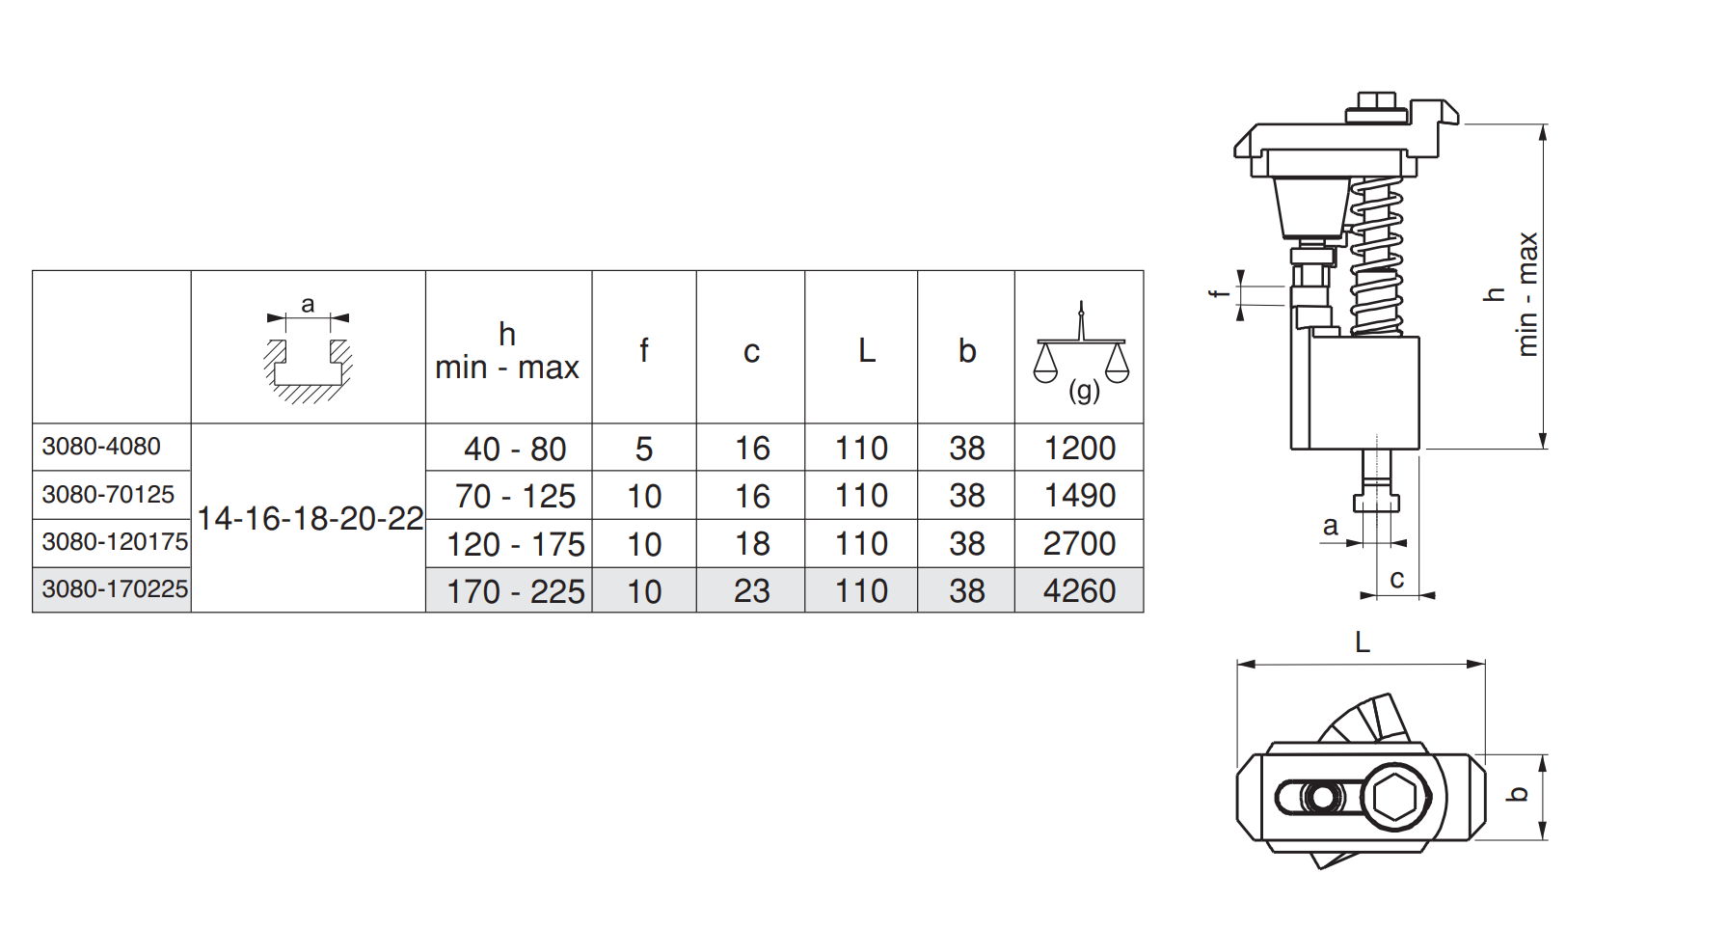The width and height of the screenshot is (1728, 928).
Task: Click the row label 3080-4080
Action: (101, 447)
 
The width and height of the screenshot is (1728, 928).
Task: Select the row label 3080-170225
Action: (115, 589)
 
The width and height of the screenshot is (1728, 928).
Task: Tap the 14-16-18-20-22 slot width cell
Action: (310, 519)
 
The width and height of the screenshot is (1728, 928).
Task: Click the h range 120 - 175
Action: (516, 544)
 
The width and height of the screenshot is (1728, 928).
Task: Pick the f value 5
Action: (644, 449)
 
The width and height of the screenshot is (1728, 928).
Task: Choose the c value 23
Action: (752, 590)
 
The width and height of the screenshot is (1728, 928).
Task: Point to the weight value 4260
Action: (1079, 590)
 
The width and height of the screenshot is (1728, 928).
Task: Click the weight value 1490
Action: (1080, 496)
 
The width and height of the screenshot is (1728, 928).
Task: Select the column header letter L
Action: (867, 350)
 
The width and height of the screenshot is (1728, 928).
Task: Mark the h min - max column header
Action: (507, 351)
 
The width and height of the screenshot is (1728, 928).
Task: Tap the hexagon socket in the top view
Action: (1395, 799)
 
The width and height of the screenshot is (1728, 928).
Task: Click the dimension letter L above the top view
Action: (1363, 642)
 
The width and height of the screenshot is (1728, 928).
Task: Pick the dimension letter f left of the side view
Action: (1218, 293)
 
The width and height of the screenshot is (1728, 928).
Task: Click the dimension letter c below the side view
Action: (1396, 580)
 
